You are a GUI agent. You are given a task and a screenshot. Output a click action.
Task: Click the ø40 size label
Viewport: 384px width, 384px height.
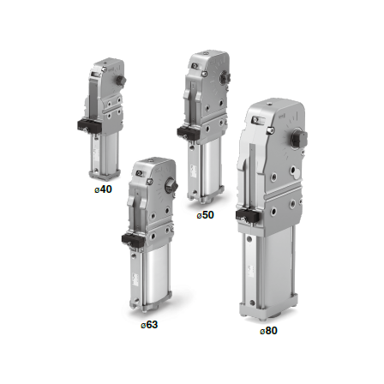(103, 189)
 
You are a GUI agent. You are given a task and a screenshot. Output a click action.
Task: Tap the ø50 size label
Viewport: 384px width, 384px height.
(205, 215)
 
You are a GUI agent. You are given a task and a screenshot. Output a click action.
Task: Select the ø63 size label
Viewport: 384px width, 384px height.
(149, 325)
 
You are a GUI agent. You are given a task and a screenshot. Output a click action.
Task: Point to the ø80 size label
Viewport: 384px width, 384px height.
(268, 331)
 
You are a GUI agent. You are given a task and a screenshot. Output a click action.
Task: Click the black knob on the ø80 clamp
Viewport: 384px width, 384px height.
(298, 139)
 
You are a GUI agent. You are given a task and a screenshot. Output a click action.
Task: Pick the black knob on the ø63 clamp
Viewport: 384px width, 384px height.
(171, 186)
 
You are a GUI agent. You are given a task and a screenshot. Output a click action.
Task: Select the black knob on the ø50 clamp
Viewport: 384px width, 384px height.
(224, 78)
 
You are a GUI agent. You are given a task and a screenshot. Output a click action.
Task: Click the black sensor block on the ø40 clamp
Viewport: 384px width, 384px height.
(88, 125)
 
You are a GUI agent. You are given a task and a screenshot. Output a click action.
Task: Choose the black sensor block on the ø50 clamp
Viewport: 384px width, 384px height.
(188, 132)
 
